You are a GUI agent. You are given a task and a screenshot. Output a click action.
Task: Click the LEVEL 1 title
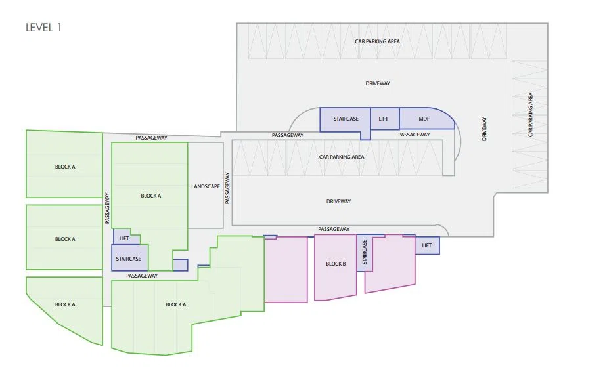[43, 28]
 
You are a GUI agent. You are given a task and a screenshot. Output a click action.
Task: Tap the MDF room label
[424, 119]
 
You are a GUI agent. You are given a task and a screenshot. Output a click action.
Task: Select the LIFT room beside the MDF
[385, 119]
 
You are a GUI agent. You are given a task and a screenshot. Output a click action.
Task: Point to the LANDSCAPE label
[206, 186]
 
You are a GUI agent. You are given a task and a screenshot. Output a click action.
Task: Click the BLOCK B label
[336, 264]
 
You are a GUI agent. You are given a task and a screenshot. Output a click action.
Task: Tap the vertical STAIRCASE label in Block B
[365, 253]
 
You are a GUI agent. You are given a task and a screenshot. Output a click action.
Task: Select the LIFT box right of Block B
[427, 246]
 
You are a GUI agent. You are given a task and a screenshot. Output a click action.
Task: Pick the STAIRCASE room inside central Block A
[129, 258]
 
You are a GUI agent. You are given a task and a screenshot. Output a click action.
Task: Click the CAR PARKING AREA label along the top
[377, 41]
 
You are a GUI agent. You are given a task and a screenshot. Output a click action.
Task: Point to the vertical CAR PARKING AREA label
[531, 115]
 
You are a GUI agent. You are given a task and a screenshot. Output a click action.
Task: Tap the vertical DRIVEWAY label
[484, 129]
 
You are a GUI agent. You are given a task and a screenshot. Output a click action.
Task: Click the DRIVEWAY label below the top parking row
[378, 83]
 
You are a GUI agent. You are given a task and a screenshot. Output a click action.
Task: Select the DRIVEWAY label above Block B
[338, 201]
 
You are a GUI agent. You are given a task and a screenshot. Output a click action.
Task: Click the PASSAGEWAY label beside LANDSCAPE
[227, 188]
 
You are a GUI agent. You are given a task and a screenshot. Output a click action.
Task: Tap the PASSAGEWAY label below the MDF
[414, 135]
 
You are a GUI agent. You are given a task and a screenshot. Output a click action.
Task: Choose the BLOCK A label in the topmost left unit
[65, 167]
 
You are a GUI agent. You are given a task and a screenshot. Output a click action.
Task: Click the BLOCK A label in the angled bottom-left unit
[65, 304]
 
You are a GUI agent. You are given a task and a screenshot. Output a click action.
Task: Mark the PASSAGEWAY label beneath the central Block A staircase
[142, 276]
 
